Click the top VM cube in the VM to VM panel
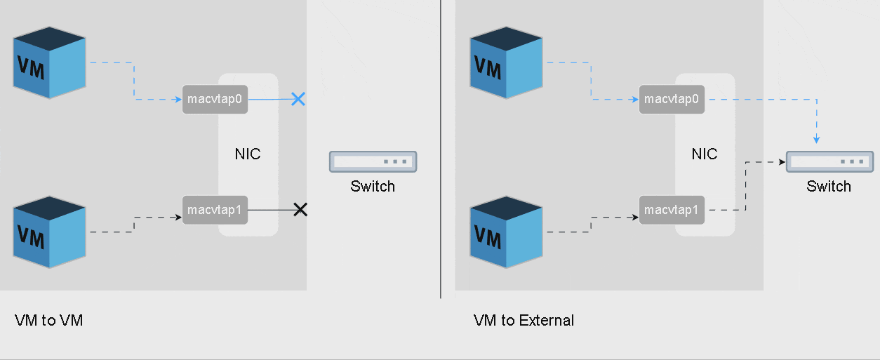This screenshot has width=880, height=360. click(50, 62)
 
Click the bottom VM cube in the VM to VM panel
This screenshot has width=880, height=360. click(50, 232)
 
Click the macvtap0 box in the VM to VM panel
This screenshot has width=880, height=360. click(215, 100)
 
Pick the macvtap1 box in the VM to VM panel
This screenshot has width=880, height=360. click(215, 210)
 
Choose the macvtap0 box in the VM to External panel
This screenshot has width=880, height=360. click(672, 100)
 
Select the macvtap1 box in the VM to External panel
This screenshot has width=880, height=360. click(672, 210)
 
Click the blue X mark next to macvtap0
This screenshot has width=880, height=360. click(298, 99)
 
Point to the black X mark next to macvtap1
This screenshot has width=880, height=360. click(300, 209)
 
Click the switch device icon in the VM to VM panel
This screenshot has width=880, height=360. click(373, 161)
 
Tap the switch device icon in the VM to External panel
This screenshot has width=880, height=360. click(829, 161)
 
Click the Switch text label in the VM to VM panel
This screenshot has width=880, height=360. click(373, 187)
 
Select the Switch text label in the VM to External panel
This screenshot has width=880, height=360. click(829, 187)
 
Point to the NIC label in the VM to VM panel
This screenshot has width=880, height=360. click(248, 154)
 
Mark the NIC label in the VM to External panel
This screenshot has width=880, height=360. click(705, 154)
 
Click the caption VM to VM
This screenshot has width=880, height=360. click(48, 321)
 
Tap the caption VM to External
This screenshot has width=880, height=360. click(524, 321)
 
